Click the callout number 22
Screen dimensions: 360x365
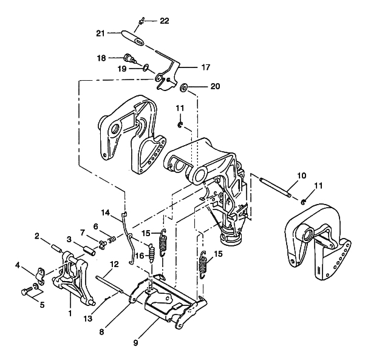[164, 21]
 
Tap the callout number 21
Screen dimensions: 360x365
[100, 33]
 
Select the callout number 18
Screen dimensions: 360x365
[101, 58]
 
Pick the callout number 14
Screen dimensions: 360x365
[106, 212]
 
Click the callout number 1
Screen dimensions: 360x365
[70, 313]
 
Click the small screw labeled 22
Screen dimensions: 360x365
[141, 21]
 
